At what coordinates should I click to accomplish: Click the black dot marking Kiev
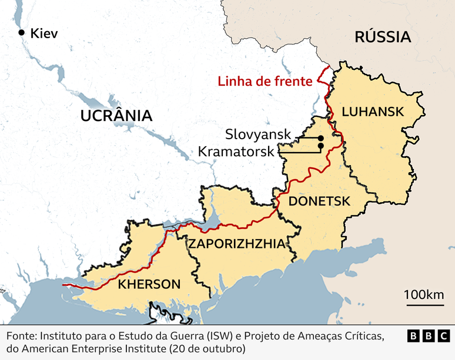[x=22, y=33]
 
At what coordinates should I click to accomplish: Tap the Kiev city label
[x=45, y=33]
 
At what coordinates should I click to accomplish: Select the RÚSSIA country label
[x=382, y=38]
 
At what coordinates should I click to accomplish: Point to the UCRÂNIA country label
[x=116, y=115]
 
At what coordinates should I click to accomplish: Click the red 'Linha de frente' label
[x=265, y=82]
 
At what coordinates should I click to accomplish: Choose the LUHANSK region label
[x=373, y=112]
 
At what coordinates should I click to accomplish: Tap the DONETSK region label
[x=320, y=201]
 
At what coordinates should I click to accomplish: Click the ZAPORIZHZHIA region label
[x=236, y=244]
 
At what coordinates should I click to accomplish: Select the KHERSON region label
[x=149, y=284]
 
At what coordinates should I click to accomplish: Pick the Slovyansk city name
[x=258, y=134]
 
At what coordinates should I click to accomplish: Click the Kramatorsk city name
[x=236, y=151]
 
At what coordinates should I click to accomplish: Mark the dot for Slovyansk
[x=321, y=138]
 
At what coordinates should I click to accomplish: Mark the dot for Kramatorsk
[x=321, y=146]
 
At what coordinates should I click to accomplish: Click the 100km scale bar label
[x=424, y=294]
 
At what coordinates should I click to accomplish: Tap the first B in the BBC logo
[x=414, y=336]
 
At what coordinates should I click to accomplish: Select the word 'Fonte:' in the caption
[x=21, y=336]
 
